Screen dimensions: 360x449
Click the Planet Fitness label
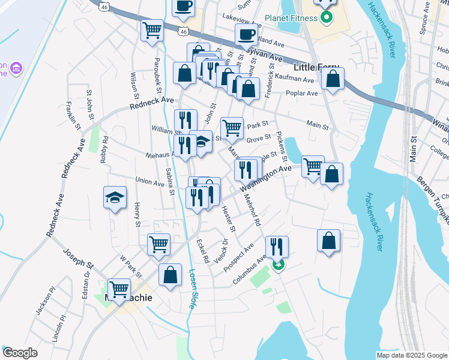292,18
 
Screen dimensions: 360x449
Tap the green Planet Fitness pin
327,17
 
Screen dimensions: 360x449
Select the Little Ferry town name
316,68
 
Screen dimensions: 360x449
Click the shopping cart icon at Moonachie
119,289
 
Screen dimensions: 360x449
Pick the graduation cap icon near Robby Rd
114,197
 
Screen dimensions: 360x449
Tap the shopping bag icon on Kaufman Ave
332,78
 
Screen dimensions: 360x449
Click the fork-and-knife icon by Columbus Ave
276,247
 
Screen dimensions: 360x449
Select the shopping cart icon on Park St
232,127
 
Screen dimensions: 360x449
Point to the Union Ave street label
149,181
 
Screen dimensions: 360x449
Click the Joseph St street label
79,259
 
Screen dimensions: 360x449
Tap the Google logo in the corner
19,353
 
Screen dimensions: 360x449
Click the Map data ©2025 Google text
411,355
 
